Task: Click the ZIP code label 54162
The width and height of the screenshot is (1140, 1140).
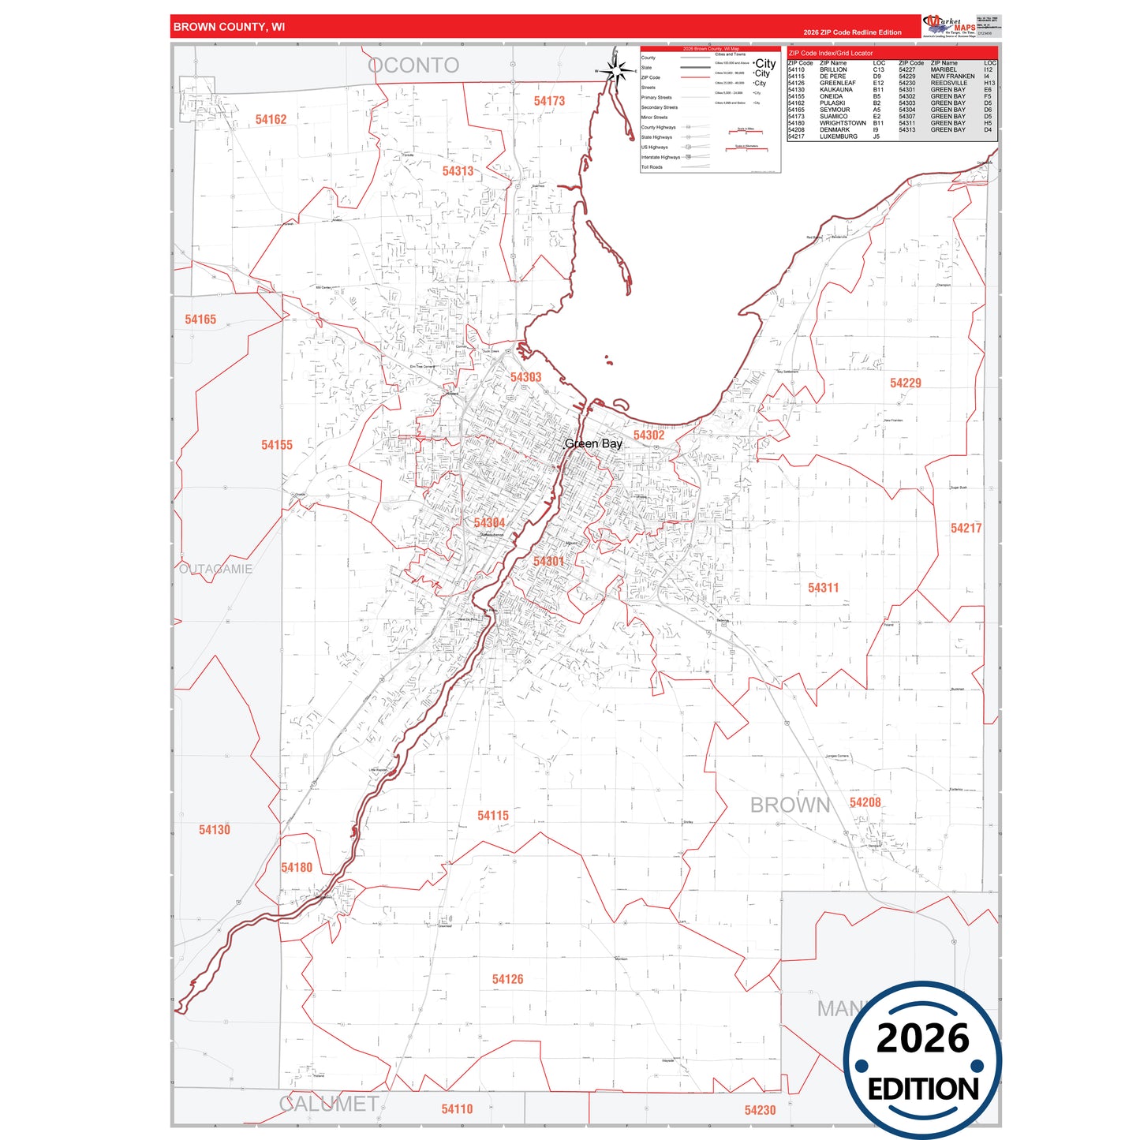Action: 271,119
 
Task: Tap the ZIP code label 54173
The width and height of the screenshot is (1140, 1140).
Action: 549,101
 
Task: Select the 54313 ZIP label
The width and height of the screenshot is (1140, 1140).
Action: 458,171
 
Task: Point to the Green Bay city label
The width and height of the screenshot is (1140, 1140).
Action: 593,444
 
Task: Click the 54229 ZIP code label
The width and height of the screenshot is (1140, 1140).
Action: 905,383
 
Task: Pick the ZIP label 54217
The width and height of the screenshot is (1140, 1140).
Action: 966,528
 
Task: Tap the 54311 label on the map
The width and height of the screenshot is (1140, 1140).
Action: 823,588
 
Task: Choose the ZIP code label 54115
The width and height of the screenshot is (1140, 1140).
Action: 492,815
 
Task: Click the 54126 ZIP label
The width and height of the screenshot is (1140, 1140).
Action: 507,979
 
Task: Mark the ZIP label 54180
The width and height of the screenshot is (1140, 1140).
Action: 297,867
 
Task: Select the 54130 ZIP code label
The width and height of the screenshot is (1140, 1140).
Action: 214,829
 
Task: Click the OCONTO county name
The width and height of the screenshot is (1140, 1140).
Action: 413,65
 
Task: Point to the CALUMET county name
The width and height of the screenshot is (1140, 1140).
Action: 329,1104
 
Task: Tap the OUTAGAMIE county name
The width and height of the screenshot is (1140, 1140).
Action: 215,569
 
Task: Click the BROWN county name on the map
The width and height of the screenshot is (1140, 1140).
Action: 790,805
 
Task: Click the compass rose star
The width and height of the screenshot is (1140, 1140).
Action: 616,71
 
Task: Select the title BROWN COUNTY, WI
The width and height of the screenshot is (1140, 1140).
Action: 229,27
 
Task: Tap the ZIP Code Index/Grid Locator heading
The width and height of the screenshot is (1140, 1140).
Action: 831,53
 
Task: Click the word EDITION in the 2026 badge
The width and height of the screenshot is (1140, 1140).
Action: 922,1090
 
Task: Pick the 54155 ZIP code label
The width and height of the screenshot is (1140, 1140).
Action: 277,445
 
